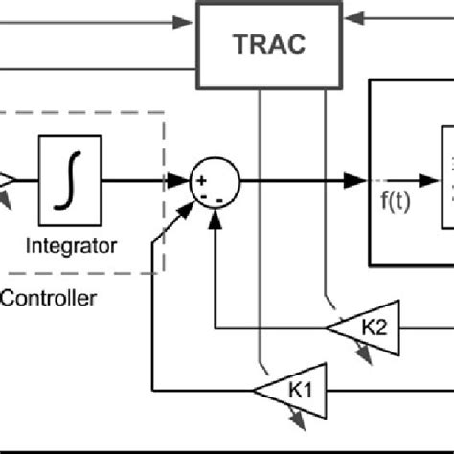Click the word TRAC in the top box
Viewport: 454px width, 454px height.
pyautogui.click(x=261, y=43)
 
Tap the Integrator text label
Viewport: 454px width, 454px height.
pyautogui.click(x=72, y=246)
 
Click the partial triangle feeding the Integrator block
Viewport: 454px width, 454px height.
pyautogui.click(x=6, y=180)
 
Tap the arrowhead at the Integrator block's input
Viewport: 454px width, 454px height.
pyautogui.click(x=32, y=179)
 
